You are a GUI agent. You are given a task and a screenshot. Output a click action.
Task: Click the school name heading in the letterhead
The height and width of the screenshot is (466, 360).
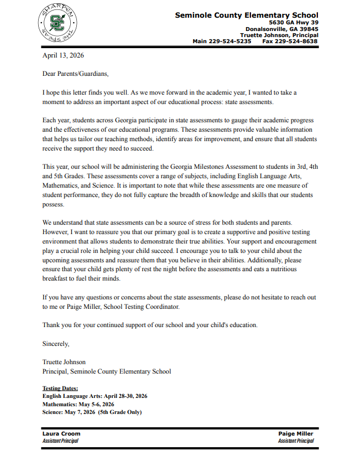click(246, 15)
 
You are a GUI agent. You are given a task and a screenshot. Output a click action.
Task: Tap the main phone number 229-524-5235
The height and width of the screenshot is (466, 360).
click(231, 41)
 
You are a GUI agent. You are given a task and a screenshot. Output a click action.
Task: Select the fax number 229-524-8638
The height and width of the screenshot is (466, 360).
click(298, 41)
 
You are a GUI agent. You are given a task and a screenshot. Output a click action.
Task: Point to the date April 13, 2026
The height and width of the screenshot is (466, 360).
click(63, 55)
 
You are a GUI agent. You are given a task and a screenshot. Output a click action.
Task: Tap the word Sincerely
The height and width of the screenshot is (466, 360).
click(56, 344)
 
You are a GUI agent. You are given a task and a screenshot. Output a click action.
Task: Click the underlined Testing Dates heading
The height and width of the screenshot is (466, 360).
click(60, 389)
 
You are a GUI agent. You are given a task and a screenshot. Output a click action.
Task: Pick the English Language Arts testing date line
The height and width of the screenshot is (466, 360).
click(95, 396)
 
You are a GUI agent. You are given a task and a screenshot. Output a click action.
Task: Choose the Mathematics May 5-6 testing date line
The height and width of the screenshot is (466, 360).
click(78, 404)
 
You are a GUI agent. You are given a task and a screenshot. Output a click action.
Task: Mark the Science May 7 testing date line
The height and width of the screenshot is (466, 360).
click(92, 412)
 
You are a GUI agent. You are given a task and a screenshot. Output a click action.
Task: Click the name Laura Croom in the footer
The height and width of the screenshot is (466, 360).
click(61, 433)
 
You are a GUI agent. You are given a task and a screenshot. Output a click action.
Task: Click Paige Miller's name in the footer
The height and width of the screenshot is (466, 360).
click(296, 433)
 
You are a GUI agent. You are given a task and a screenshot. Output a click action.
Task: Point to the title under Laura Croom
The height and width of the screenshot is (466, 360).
click(60, 441)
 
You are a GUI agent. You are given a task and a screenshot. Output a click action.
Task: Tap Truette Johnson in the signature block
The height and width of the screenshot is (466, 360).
click(64, 362)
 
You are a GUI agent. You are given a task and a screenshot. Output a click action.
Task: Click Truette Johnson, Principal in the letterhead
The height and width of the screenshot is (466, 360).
click(279, 34)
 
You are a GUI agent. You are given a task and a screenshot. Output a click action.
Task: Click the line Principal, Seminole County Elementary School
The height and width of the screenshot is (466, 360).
click(107, 371)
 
